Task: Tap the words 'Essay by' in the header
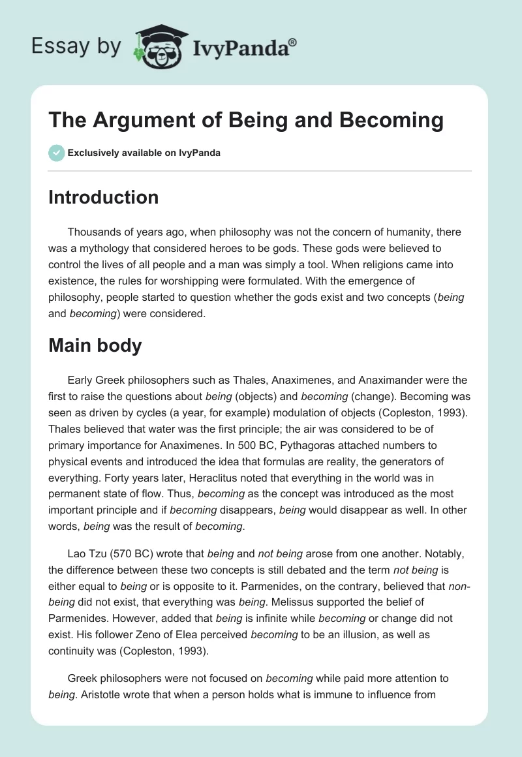[76, 46]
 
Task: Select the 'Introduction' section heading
[103, 197]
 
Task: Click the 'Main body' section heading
[95, 345]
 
